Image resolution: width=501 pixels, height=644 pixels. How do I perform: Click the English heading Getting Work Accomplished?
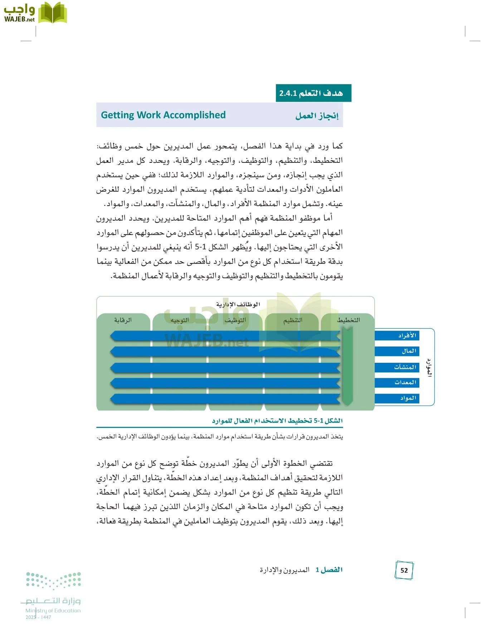coord(163,115)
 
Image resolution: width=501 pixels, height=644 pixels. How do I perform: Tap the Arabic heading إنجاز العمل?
coord(317,116)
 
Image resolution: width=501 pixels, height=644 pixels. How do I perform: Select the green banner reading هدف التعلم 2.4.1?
coord(313,93)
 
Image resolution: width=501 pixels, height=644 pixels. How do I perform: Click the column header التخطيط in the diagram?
coord(348,320)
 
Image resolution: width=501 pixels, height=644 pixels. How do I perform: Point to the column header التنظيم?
coord(293,320)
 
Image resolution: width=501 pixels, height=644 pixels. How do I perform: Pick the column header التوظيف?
coord(235,320)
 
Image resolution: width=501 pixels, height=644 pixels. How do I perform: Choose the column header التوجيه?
coord(180,320)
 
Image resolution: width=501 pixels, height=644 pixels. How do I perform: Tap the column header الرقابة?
coord(123,320)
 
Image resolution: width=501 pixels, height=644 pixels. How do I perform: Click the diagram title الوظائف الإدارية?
coord(238,304)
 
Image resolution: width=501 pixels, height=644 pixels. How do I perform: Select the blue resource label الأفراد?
coord(407,335)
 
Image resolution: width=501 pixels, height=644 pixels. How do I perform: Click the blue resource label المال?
coord(409,351)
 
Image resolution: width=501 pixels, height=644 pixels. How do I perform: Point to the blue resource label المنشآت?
coord(405,367)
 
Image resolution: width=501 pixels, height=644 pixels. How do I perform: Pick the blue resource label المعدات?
coord(405,382)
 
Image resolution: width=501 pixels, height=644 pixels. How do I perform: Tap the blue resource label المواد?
coord(408,398)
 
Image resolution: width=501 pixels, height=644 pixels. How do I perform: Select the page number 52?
coord(404,570)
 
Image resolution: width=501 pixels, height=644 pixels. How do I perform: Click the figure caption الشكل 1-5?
coord(277,420)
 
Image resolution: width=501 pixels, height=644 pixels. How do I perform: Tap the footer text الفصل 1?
coord(329,570)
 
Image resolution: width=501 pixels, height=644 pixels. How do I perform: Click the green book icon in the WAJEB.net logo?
coord(53,13)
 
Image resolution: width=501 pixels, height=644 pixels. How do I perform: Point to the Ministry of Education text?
coord(53,610)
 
